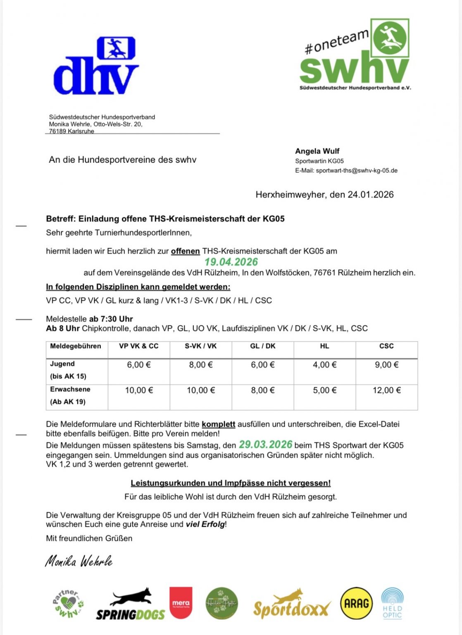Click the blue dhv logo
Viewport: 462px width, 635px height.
click(96, 66)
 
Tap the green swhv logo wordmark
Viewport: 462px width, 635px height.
click(354, 68)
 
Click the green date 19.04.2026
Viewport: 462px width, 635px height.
click(231, 262)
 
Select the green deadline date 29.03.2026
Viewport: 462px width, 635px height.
click(265, 444)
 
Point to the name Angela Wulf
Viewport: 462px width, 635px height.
click(317, 151)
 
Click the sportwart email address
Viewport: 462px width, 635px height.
click(356, 170)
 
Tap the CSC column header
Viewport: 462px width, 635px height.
click(386, 346)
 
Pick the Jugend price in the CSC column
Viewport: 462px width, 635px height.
click(386, 365)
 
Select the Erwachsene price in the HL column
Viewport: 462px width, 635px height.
click(324, 390)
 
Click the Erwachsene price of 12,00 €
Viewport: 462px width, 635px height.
click(386, 390)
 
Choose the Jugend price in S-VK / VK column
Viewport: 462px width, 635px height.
click(201, 365)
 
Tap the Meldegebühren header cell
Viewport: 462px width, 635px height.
click(76, 346)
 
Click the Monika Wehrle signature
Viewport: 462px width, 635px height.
click(79, 561)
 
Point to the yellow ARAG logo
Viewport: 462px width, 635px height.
click(356, 603)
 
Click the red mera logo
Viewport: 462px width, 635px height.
click(181, 603)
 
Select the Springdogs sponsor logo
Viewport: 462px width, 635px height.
click(131, 604)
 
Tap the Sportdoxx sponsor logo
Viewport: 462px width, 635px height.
click(291, 604)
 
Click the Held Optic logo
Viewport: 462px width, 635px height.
click(392, 603)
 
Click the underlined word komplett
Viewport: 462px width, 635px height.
click(218, 424)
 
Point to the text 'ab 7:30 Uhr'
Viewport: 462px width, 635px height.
click(111, 319)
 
